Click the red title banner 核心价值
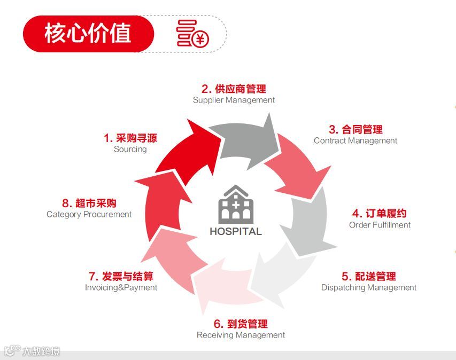click(x=88, y=34)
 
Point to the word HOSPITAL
click(x=235, y=232)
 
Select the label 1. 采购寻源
click(x=130, y=138)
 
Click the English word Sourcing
click(x=130, y=150)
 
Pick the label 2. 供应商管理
click(x=234, y=89)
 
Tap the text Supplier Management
click(x=234, y=100)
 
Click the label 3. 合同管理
click(x=355, y=129)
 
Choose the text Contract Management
click(x=355, y=140)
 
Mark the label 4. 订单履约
click(x=379, y=214)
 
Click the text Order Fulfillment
click(x=380, y=225)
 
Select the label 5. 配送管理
click(x=369, y=276)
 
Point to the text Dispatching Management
click(x=369, y=287)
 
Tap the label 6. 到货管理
click(x=241, y=324)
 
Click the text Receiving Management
click(x=241, y=335)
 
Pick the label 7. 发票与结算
click(x=121, y=276)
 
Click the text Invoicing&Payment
click(x=121, y=287)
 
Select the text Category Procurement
click(x=89, y=214)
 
